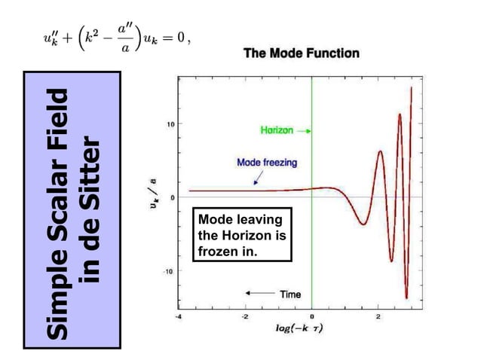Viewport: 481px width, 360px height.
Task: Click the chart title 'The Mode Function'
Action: (x=301, y=53)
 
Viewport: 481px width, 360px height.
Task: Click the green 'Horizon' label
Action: (x=276, y=130)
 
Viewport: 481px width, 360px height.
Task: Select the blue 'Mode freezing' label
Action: (x=267, y=162)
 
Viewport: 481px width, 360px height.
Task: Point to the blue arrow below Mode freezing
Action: (x=258, y=178)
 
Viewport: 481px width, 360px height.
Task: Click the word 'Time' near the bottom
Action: (x=290, y=294)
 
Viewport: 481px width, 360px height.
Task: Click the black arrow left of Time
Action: (x=259, y=294)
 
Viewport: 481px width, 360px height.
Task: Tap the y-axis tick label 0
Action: (x=173, y=197)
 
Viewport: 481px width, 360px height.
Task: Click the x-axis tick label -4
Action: (x=178, y=316)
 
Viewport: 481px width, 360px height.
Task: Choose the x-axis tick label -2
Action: (x=244, y=316)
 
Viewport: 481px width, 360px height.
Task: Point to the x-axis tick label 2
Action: (x=378, y=316)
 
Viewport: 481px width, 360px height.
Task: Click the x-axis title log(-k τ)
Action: (x=299, y=329)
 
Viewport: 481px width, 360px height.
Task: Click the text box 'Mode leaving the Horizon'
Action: (x=240, y=236)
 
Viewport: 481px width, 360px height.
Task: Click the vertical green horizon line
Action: (x=311, y=226)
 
